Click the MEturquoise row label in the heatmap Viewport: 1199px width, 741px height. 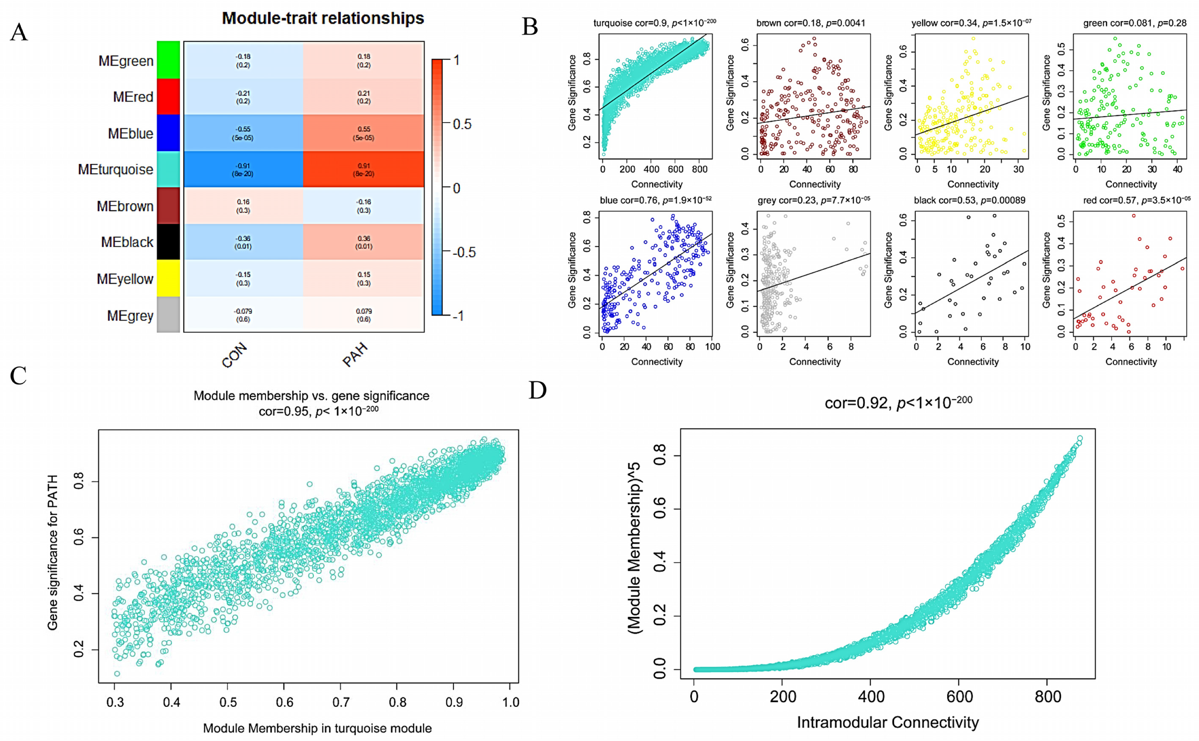pyautogui.click(x=115, y=170)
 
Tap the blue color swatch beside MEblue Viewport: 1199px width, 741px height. pyautogui.click(x=168, y=133)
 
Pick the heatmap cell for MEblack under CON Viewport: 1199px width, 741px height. pyautogui.click(x=243, y=242)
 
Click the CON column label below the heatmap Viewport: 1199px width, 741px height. pyautogui.click(x=234, y=356)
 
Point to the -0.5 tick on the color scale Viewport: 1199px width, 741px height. pyautogui.click(x=463, y=252)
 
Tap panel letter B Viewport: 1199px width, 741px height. pyautogui.click(x=530, y=27)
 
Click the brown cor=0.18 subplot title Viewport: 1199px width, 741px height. pyautogui.click(x=810, y=23)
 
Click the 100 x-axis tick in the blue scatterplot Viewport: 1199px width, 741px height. pyautogui.click(x=712, y=347)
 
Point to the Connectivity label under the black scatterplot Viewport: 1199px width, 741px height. pyautogui.click(x=972, y=362)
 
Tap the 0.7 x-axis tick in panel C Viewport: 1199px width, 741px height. pyautogui.click(x=341, y=702)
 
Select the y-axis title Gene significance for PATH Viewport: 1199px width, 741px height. pyautogui.click(x=52, y=552)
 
